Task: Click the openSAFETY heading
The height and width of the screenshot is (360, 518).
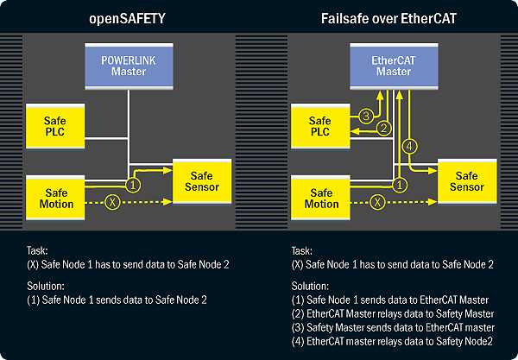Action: [129, 17]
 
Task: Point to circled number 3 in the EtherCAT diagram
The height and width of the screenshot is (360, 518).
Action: [365, 115]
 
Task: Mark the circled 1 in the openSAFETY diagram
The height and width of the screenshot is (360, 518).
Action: [133, 184]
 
